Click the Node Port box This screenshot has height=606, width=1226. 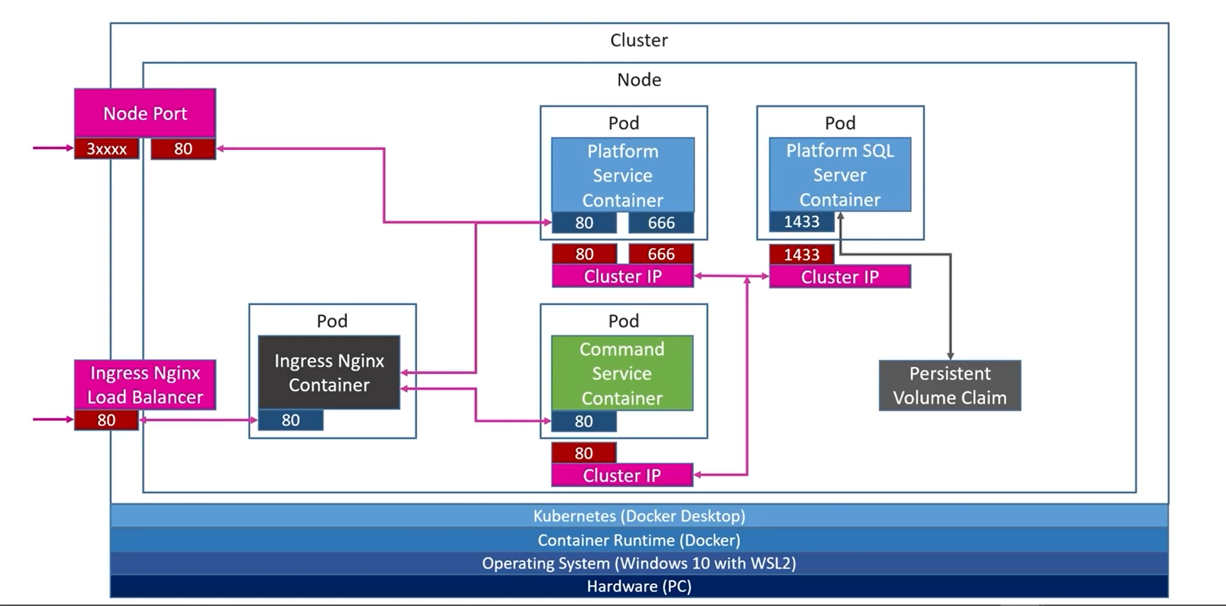coord(145,113)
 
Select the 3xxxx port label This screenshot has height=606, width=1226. coord(107,149)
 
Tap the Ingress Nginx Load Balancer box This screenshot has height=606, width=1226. coord(145,385)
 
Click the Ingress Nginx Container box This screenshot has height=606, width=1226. coord(329,372)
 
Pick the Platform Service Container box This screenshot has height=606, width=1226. coord(623,175)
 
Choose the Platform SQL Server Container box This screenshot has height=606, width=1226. coord(840,174)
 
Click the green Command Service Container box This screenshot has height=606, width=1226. coord(622,373)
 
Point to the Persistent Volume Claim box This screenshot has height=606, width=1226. coord(950,386)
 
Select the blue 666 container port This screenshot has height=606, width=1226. coord(661,223)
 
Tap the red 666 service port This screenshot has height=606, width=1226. coord(661,254)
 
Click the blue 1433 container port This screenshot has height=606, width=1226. coord(802,222)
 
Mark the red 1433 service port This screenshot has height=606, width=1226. coord(802,255)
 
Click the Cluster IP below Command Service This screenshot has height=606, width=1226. coord(622,475)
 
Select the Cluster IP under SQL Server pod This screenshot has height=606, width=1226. coord(840,276)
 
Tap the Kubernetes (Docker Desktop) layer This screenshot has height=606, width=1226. coord(640,516)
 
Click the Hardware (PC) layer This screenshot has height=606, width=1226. coord(640,586)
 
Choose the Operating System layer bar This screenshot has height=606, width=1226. coord(640,563)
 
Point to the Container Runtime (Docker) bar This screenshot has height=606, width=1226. coord(640,540)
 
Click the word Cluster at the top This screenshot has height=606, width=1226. coord(639,40)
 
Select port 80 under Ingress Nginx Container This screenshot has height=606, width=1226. coord(291,420)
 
